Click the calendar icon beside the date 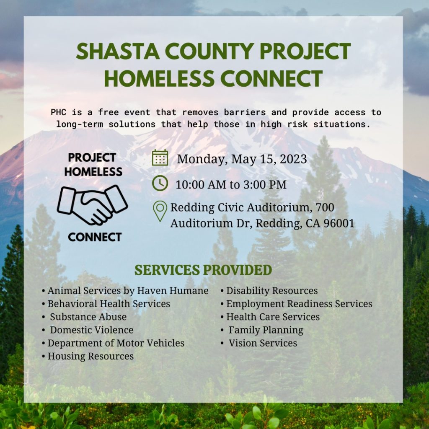coord(160,158)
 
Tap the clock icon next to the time coord(160,183)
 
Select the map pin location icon coord(160,211)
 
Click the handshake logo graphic coord(93,205)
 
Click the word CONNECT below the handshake coord(95,237)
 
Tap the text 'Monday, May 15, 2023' coord(242,159)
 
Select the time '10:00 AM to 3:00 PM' coord(231,184)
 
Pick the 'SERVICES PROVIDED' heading coord(203,270)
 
